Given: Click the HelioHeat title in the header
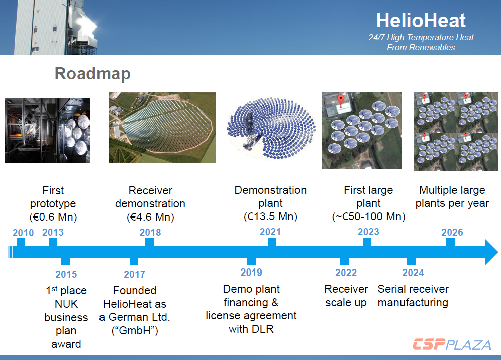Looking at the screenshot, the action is pyautogui.click(x=421, y=21).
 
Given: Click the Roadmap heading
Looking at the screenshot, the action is pyautogui.click(x=92, y=74).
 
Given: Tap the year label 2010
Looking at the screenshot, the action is pyautogui.click(x=23, y=233).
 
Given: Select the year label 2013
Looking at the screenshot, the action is pyautogui.click(x=53, y=232).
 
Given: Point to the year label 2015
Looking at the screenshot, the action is pyautogui.click(x=66, y=274).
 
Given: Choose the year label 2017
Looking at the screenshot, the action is pyautogui.click(x=135, y=274).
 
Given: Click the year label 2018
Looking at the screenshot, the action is pyautogui.click(x=150, y=232).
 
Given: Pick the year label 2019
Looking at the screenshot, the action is pyautogui.click(x=251, y=273).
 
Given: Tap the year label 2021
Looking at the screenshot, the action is pyautogui.click(x=270, y=232).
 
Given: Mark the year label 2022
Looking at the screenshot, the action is pyautogui.click(x=346, y=273).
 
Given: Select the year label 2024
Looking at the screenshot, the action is pyautogui.click(x=413, y=273).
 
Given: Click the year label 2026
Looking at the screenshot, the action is pyautogui.click(x=452, y=232).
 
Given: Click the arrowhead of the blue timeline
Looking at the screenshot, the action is pyautogui.click(x=491, y=252).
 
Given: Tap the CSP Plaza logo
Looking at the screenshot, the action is pyautogui.click(x=452, y=344).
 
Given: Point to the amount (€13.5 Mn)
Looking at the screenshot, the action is pyautogui.click(x=270, y=216).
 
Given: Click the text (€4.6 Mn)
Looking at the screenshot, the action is pyautogui.click(x=150, y=217).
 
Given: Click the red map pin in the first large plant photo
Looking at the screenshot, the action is pyautogui.click(x=341, y=100).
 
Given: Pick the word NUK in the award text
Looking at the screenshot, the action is pyautogui.click(x=66, y=304).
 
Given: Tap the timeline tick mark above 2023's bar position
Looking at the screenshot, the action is pyautogui.click(x=367, y=243).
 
